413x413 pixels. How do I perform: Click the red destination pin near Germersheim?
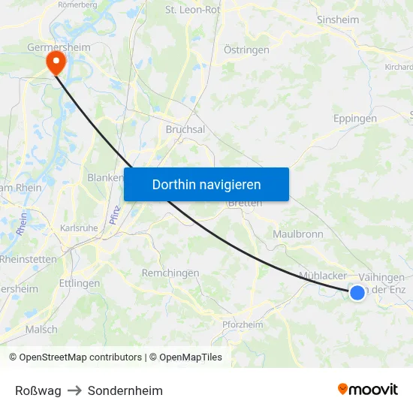pos(56,62)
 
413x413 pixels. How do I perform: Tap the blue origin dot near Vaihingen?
pos(357,293)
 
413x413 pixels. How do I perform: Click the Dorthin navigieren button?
pos(206,184)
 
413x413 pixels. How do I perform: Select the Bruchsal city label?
pos(185,129)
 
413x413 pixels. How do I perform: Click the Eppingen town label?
pos(355,119)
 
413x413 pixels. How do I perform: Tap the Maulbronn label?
pos(298,234)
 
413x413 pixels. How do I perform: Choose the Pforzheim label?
pos(243,324)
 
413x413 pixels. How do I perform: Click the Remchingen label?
pos(170,273)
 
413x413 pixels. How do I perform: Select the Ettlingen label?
pos(80,283)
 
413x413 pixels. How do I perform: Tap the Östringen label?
pos(247,50)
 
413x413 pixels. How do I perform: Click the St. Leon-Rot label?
pos(193,10)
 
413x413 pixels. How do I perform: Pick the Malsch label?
pos(41,329)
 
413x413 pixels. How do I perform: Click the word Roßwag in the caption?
pos(38,390)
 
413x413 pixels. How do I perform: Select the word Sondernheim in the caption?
pos(125,390)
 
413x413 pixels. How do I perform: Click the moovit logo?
pos(368,389)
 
